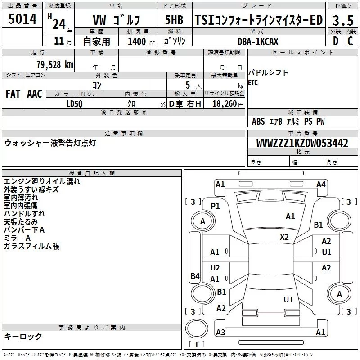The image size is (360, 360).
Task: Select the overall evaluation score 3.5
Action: pyautogui.click(x=342, y=20)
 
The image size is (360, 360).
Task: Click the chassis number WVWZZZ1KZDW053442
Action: pyautogui.click(x=302, y=143)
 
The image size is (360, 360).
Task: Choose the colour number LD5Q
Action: pyautogui.click(x=75, y=103)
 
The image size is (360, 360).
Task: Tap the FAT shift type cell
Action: pyautogui.click(x=13, y=94)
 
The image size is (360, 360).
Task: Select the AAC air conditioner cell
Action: pyautogui.click(x=35, y=94)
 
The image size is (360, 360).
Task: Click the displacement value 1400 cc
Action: pyautogui.click(x=137, y=41)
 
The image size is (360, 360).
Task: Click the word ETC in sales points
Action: pyautogui.click(x=253, y=83)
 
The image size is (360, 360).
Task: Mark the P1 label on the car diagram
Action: pyautogui.click(x=215, y=206)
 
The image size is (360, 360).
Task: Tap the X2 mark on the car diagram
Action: pyautogui.click(x=284, y=237)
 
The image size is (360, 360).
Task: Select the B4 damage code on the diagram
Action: pyautogui.click(x=194, y=276)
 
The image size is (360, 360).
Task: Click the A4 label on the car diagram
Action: pyautogui.click(x=321, y=184)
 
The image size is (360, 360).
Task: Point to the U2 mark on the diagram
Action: pyautogui.click(x=215, y=268)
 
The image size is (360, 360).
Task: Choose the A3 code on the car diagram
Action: pyautogui.click(x=220, y=332)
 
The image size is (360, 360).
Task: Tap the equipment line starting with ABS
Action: pyautogui.click(x=288, y=121)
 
